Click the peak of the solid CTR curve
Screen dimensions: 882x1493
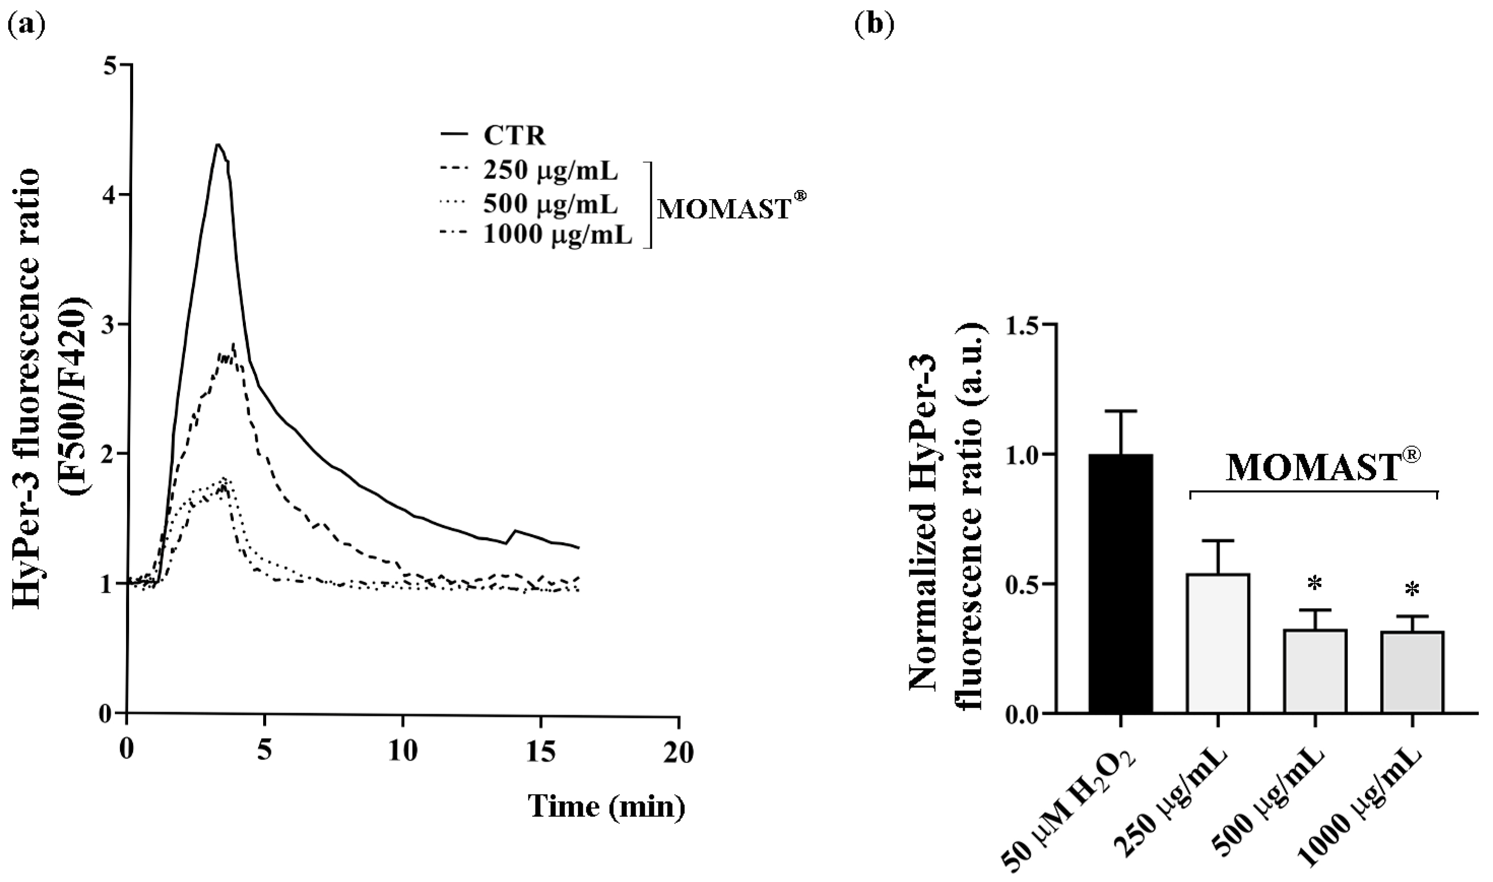point(218,144)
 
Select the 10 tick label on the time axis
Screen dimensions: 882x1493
point(402,753)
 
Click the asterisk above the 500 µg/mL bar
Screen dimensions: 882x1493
point(1315,585)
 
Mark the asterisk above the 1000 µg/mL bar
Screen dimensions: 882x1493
point(1412,590)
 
